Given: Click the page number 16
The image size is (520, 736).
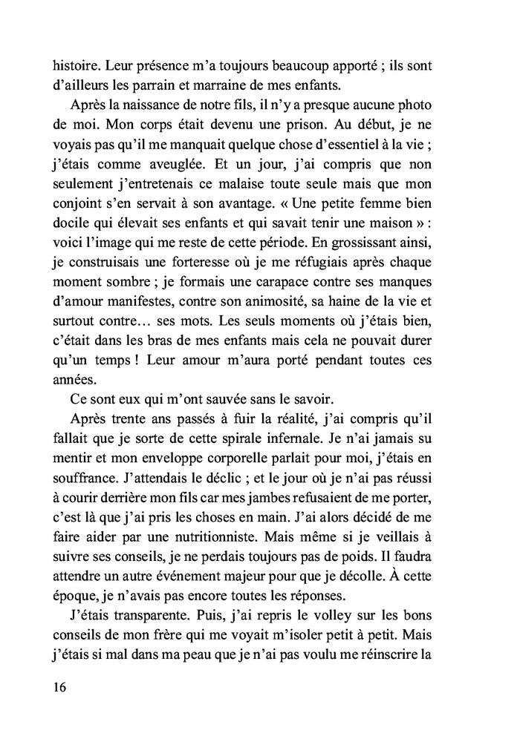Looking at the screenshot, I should [x=60, y=686].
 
